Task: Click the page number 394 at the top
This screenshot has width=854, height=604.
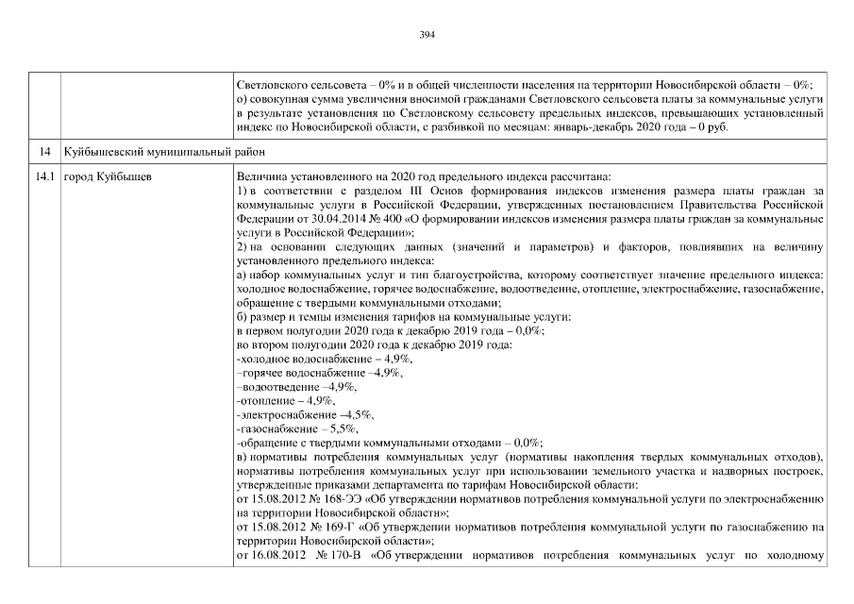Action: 427,35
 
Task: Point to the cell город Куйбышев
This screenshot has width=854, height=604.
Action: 106,176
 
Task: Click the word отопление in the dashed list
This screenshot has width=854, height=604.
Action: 266,400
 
